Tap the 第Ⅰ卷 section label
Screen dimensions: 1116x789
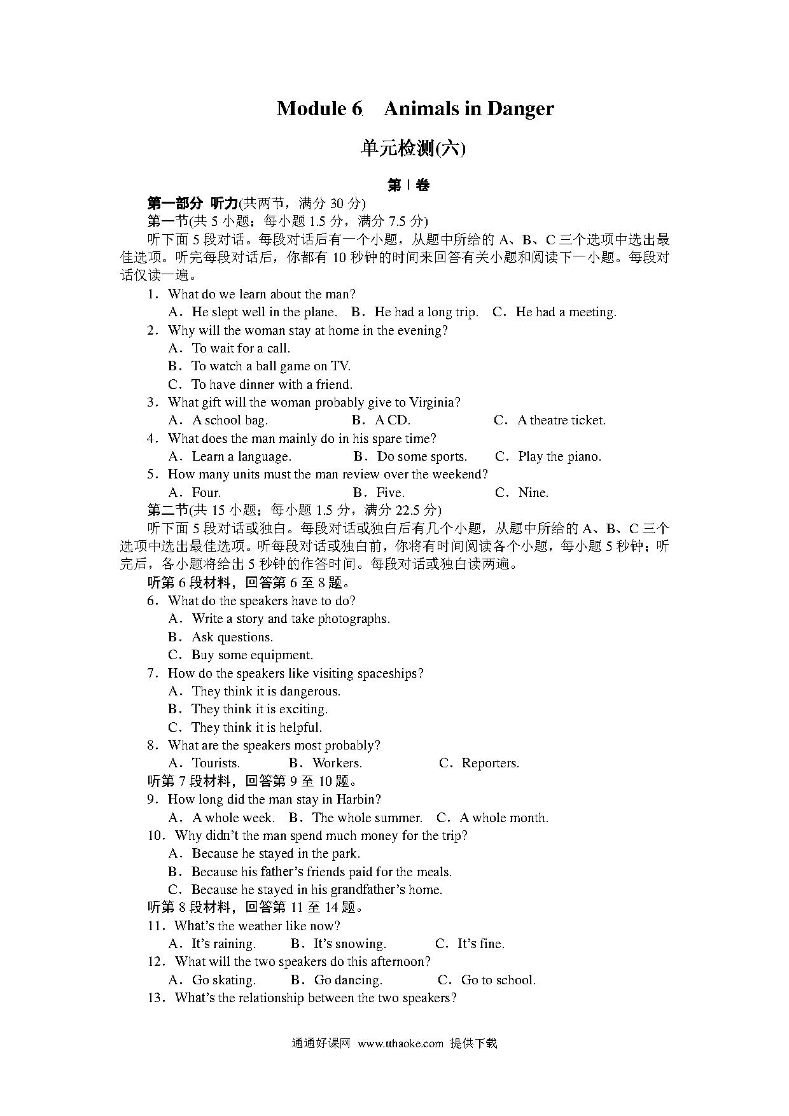click(x=408, y=185)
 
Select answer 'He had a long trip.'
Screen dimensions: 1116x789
click(x=426, y=312)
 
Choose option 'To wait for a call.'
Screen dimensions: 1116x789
click(x=241, y=348)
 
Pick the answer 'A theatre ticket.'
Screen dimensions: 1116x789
click(x=561, y=420)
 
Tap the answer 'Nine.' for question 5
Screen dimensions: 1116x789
click(x=533, y=492)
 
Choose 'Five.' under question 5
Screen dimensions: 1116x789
click(x=390, y=492)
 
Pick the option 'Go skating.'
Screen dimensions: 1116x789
click(x=223, y=980)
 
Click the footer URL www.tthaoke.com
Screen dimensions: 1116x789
click(x=400, y=1043)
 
